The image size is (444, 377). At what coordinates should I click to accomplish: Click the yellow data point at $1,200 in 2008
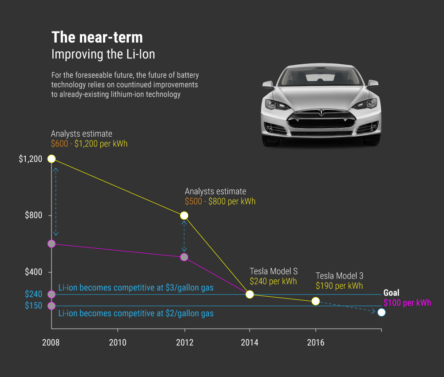[52, 159]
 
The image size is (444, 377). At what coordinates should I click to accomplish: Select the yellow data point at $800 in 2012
[184, 216]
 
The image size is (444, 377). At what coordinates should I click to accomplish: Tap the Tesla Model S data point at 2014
[250, 295]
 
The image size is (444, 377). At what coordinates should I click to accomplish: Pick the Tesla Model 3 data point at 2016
[316, 301]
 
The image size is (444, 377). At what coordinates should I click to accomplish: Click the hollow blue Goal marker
[381, 312]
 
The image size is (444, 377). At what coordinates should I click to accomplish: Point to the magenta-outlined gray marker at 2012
[184, 257]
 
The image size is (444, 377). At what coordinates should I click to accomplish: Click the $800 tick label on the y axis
[33, 216]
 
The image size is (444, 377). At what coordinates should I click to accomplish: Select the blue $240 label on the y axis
[33, 294]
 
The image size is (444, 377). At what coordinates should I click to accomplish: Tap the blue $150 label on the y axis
[33, 306]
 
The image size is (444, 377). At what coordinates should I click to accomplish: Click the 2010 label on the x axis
[118, 342]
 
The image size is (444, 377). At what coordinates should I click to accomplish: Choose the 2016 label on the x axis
[316, 342]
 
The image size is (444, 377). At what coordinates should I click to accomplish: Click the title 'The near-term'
[97, 37]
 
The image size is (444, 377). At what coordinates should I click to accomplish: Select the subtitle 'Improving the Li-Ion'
[103, 55]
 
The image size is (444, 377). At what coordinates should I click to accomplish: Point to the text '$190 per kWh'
[339, 286]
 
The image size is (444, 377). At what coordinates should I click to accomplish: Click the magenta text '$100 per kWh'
[407, 303]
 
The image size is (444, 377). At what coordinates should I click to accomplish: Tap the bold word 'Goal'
[391, 293]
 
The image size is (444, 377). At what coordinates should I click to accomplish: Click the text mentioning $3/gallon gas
[136, 288]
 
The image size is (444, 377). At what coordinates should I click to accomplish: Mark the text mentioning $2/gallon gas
[136, 314]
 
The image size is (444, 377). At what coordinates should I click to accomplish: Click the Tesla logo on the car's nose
[321, 112]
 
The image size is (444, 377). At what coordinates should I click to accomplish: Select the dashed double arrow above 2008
[55, 202]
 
